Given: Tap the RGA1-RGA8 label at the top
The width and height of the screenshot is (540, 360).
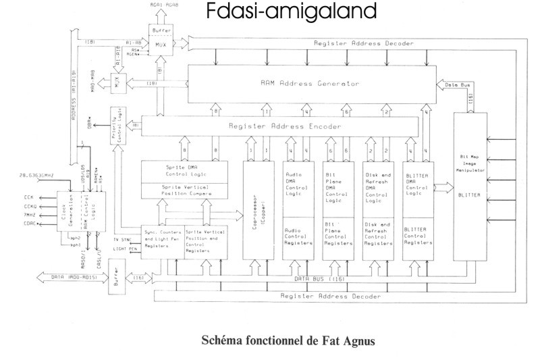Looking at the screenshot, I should pyautogui.click(x=161, y=5).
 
